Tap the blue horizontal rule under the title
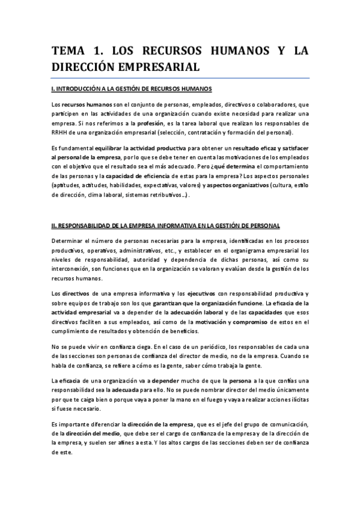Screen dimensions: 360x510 (x=180, y=78)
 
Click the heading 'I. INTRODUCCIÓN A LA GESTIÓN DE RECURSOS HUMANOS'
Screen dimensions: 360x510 (x=132, y=89)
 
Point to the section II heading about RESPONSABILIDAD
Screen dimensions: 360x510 (x=165, y=226)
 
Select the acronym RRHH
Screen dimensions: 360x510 (x=61, y=132)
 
